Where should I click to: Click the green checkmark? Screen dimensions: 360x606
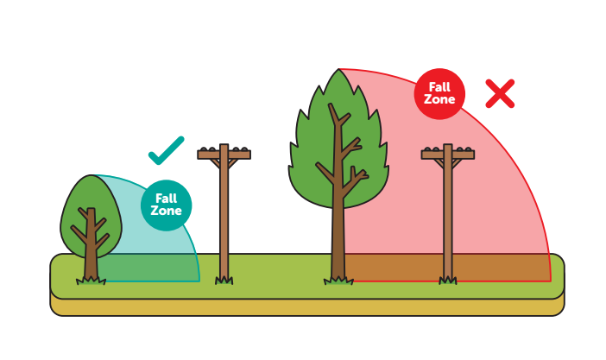[x=166, y=151]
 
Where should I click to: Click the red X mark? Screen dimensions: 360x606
[x=500, y=93]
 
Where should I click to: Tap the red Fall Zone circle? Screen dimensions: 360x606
[x=439, y=93]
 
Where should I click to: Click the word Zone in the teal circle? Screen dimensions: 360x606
[x=166, y=212]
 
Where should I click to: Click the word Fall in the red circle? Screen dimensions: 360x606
[x=439, y=87]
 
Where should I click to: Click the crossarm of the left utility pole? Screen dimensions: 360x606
[x=224, y=155]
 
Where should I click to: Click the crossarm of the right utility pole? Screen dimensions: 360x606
[x=447, y=155]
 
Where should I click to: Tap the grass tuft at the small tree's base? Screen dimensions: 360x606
[x=91, y=278]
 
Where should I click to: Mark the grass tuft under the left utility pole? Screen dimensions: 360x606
[x=224, y=279]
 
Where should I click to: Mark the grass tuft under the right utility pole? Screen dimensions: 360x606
[x=447, y=279]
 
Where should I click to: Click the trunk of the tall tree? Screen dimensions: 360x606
[x=338, y=242]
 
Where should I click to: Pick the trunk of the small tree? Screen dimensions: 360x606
[x=91, y=259]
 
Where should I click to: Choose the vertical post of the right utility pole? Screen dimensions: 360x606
[x=447, y=216]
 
